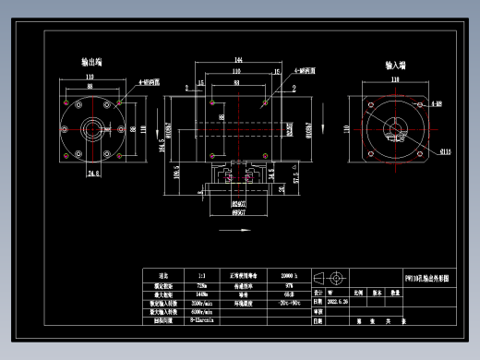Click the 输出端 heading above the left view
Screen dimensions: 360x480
92,63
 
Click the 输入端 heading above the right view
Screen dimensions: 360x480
398,66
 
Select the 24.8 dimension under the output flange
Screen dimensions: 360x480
93,173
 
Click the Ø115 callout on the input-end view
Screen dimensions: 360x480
446,150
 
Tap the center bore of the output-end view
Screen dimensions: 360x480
92,127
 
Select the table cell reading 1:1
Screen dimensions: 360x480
202,275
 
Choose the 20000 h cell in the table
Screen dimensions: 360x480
289,275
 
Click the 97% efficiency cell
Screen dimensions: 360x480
289,284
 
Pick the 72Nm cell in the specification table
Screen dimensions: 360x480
202,284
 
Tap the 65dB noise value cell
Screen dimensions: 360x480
289,294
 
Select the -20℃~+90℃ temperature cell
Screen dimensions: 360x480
289,303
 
